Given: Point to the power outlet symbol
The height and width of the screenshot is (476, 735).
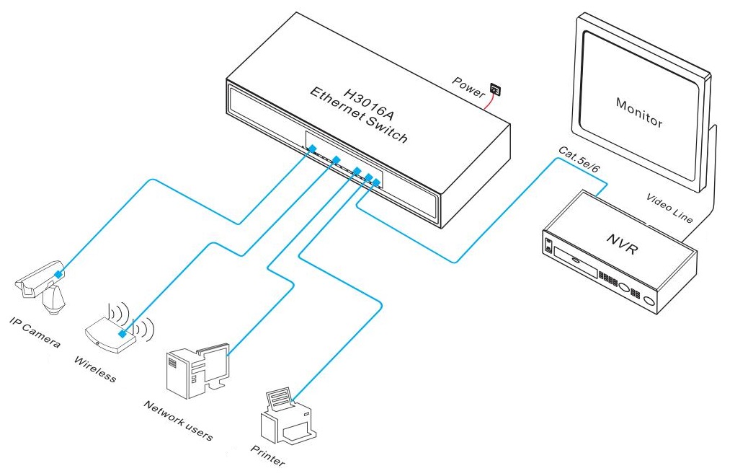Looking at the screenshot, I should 496,89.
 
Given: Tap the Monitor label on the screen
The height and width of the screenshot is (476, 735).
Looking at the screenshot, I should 638,112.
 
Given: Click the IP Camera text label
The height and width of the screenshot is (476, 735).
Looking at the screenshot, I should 35,330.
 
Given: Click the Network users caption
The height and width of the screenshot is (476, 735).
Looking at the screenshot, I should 177,421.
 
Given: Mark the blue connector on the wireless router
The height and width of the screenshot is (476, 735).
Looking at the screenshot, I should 124,334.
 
